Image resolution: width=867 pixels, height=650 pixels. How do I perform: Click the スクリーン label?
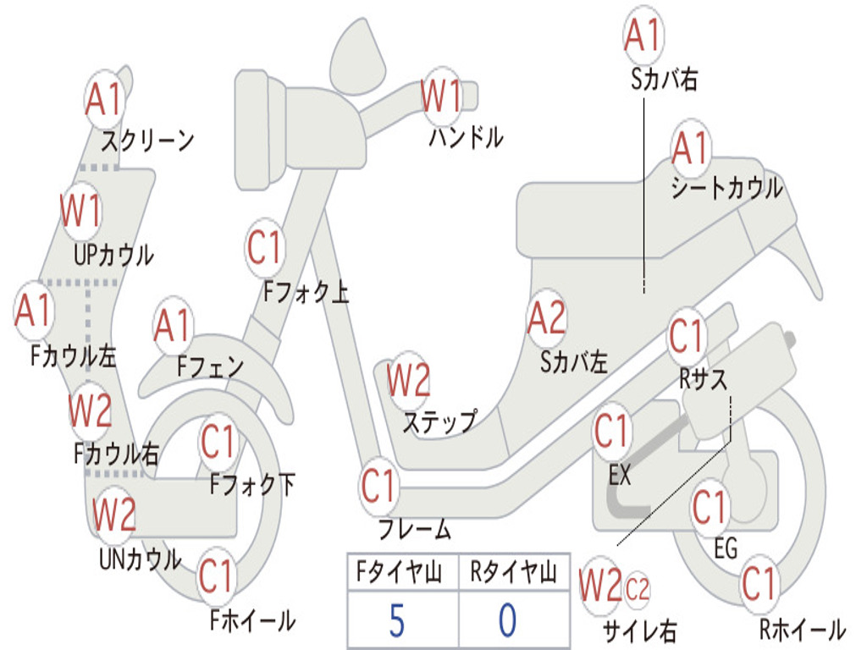pos(147,140)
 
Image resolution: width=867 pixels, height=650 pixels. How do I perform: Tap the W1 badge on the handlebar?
pos(441,96)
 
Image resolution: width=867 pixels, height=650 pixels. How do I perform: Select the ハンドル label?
pos(465,137)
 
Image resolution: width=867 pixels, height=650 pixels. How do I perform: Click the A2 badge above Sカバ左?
pos(546,318)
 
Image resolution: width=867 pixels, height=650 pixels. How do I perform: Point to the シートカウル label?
pos(726,188)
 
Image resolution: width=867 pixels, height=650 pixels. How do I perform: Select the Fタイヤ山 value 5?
pos(396,620)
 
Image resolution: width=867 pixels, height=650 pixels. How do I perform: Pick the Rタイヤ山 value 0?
pos(507,620)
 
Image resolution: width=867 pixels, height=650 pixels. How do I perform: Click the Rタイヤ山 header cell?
pos(513,574)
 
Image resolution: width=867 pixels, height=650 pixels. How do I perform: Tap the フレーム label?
pos(414,531)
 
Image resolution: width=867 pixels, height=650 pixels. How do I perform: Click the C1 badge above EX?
pos(610,432)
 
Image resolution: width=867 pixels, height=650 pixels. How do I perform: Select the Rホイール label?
pos(801,630)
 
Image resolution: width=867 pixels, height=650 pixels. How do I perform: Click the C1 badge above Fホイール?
pos(216,576)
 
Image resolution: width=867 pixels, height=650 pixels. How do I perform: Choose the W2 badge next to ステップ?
pos(408,380)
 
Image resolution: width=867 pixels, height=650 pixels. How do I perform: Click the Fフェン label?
pos(210,367)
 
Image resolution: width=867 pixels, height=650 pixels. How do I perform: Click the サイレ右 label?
pos(640,630)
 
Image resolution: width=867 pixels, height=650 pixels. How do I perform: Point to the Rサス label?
pos(703,380)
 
